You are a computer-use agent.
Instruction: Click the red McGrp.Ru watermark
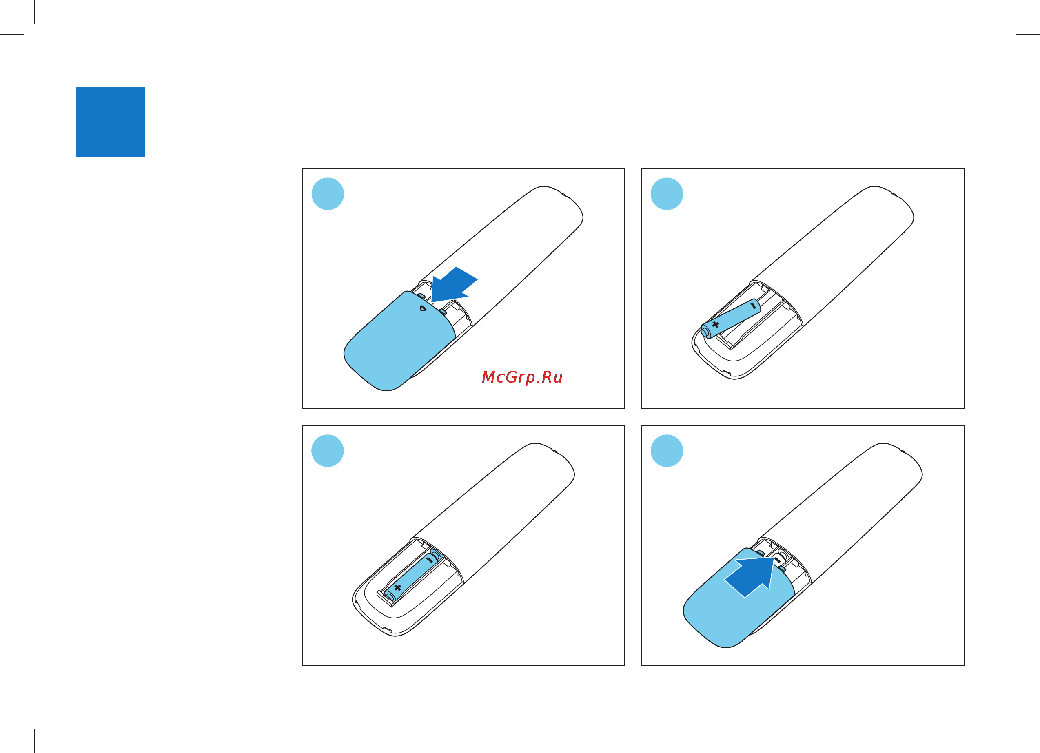[522, 377]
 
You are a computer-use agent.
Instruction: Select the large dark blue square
[111, 122]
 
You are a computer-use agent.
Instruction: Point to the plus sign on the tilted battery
[715, 325]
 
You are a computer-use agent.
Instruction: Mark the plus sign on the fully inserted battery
[397, 587]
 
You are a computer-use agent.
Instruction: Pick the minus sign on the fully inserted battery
[429, 560]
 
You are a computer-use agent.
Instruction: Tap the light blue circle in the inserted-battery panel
[327, 451]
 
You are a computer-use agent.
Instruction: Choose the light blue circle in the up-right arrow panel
[667, 451]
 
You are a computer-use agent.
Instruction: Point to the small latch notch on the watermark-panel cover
[423, 308]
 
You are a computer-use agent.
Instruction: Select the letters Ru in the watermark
[552, 377]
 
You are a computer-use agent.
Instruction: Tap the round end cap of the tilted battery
[706, 331]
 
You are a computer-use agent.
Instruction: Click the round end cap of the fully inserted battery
[390, 595]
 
